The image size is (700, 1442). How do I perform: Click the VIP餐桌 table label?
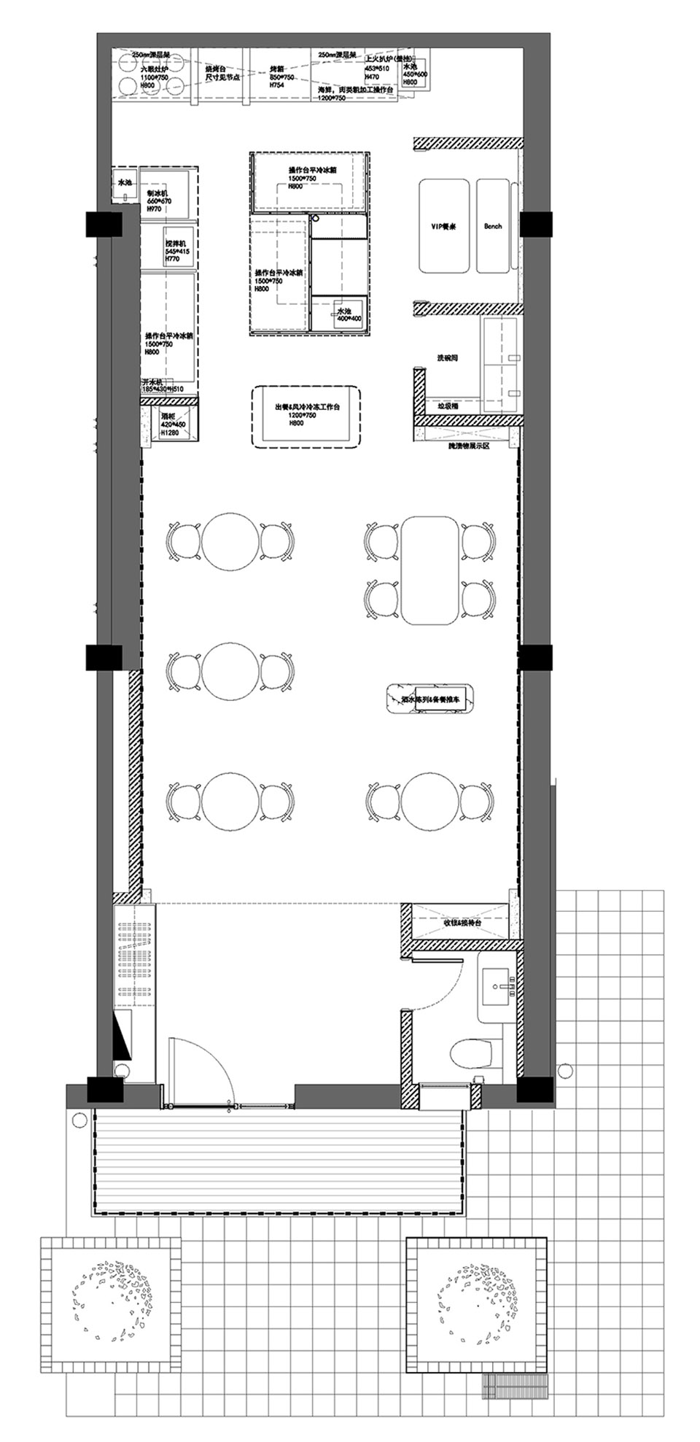[x=443, y=226]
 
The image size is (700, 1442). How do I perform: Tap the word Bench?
[x=493, y=226]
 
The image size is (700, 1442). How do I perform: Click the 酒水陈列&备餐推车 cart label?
[x=431, y=699]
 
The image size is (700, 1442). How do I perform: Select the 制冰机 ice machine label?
[x=157, y=193]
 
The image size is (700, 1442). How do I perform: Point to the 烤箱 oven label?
[x=281, y=69]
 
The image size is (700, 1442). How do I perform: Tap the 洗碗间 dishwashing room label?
[x=447, y=359]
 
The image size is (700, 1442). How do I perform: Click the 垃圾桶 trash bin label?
[x=447, y=406]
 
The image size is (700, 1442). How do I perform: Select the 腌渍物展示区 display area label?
[x=471, y=444]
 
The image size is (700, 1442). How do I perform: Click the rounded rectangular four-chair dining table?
[x=429, y=570]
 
